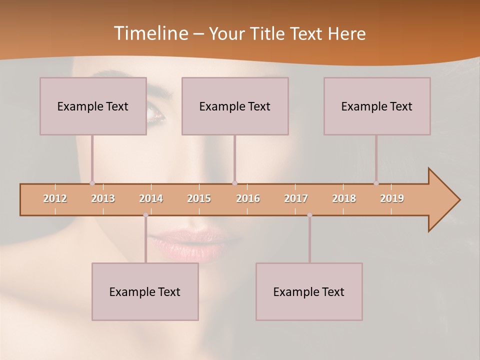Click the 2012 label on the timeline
tap(55, 198)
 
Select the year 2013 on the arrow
tap(103, 198)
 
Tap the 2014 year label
tap(151, 198)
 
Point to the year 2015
tap(199, 198)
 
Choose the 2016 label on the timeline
tap(248, 198)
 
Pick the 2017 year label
tap(296, 198)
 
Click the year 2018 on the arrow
tap(344, 198)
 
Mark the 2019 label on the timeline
tap(392, 198)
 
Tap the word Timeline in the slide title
tap(150, 33)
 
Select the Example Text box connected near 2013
tap(93, 106)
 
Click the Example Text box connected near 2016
tap(235, 106)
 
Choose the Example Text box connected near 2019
tap(377, 106)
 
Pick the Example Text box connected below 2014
tap(145, 291)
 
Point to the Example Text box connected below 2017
tap(309, 291)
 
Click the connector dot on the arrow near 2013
tap(92, 183)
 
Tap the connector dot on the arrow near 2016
tap(234, 183)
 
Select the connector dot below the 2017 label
tap(309, 215)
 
